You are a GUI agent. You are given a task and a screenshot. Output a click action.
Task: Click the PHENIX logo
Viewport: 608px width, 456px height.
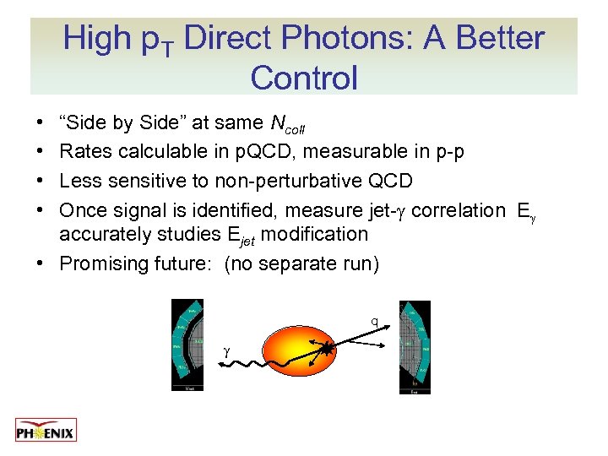pyautogui.click(x=46, y=430)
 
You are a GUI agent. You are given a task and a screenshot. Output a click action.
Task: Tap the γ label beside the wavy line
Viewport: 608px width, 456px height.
pyautogui.click(x=226, y=350)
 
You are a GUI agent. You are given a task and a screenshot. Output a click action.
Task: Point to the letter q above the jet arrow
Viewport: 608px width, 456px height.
pyautogui.click(x=374, y=321)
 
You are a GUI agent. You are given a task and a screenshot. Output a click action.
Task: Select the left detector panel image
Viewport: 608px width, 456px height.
pyautogui.click(x=187, y=345)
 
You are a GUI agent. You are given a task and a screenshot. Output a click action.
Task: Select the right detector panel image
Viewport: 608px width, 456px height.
pyautogui.click(x=415, y=346)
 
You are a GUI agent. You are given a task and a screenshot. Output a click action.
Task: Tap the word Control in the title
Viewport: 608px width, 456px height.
pyautogui.click(x=304, y=78)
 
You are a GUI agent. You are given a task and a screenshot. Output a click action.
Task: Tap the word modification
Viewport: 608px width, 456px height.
pyautogui.click(x=314, y=234)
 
